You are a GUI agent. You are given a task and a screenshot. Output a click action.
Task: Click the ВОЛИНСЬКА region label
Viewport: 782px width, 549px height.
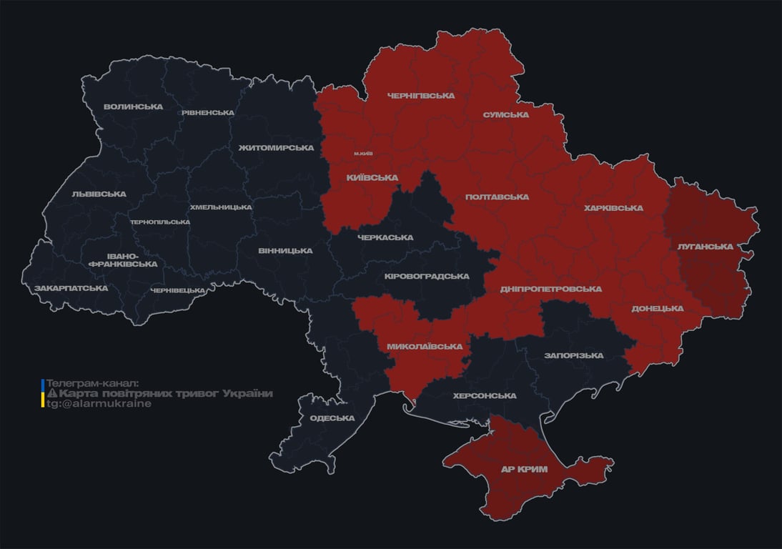(x=133, y=107)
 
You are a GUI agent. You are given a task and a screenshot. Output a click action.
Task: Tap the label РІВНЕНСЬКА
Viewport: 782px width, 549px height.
(x=207, y=113)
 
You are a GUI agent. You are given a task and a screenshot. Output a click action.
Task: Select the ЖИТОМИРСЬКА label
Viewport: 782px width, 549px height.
(x=276, y=148)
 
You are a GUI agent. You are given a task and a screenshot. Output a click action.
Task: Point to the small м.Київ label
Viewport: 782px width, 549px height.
(x=363, y=153)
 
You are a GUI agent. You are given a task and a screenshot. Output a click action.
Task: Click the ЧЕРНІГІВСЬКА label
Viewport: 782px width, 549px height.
(x=420, y=96)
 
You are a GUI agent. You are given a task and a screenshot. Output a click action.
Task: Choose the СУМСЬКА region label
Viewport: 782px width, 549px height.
(x=505, y=114)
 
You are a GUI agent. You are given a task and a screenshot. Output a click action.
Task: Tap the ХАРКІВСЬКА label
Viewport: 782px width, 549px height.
(x=613, y=208)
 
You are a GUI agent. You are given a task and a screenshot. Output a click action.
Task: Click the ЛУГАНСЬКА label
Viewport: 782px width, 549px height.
(x=705, y=247)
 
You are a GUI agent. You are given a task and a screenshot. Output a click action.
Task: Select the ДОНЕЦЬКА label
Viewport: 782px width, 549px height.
(x=657, y=309)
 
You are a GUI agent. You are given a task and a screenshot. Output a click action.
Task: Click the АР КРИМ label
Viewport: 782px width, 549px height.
(x=525, y=470)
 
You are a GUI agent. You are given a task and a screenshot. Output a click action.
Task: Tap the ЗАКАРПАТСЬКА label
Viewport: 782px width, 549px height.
(x=71, y=288)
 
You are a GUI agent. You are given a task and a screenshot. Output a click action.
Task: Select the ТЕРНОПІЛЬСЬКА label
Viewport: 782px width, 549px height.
(x=160, y=222)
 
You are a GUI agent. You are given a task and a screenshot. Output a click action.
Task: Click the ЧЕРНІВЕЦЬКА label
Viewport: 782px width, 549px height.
(x=178, y=290)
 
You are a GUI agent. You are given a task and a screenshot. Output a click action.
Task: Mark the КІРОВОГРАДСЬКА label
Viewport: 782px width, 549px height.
(x=426, y=277)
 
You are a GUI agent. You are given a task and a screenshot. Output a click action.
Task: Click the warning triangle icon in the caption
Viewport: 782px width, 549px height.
(x=51, y=394)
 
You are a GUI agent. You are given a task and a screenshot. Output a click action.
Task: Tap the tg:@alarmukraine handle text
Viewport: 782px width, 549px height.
(x=99, y=404)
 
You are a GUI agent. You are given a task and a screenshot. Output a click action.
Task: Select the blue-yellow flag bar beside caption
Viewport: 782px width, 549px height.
(x=43, y=394)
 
